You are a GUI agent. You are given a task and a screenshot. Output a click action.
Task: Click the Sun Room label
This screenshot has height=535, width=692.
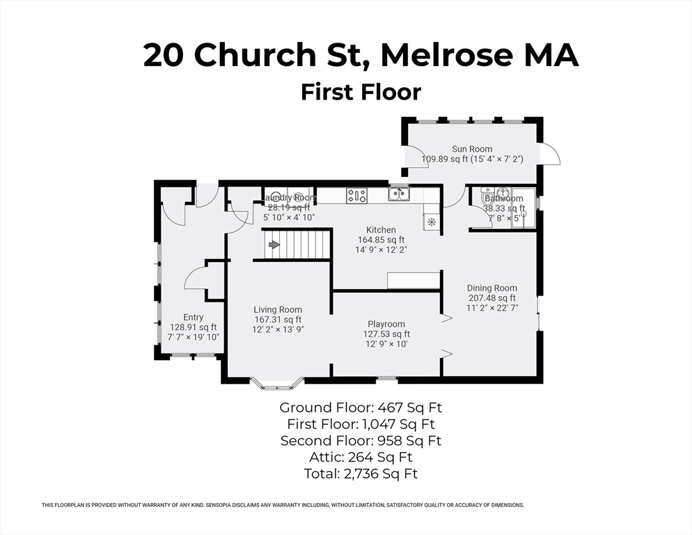(x=472, y=149)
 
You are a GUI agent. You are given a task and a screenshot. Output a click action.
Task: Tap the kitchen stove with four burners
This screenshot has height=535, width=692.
(x=356, y=196)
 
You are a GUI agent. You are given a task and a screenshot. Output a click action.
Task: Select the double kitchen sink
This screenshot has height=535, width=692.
(x=399, y=195)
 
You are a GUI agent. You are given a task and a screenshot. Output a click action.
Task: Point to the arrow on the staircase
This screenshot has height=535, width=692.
(x=274, y=245)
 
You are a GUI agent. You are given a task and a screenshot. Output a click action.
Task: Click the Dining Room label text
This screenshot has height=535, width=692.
(x=492, y=288)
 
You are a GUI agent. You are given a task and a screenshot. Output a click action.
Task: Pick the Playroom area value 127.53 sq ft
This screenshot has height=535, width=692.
(x=386, y=334)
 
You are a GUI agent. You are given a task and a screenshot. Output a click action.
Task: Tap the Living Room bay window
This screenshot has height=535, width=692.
(x=277, y=382)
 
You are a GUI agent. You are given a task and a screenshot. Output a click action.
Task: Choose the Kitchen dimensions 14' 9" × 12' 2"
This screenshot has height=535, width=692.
(x=381, y=249)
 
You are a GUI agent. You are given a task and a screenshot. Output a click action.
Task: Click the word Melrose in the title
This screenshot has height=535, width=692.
(x=449, y=56)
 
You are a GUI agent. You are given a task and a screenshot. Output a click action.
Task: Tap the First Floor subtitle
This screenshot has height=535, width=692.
(x=361, y=92)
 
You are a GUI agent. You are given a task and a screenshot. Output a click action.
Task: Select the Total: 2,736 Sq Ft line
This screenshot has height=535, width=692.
(x=360, y=474)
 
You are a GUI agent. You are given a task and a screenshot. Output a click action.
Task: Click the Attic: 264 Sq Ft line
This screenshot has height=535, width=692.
(x=360, y=457)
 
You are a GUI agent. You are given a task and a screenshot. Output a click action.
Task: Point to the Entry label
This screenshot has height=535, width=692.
(x=193, y=317)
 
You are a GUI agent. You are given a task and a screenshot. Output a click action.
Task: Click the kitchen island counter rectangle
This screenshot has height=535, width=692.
(x=414, y=280)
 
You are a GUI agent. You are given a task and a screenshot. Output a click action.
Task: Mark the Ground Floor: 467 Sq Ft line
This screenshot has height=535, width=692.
(x=360, y=408)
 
